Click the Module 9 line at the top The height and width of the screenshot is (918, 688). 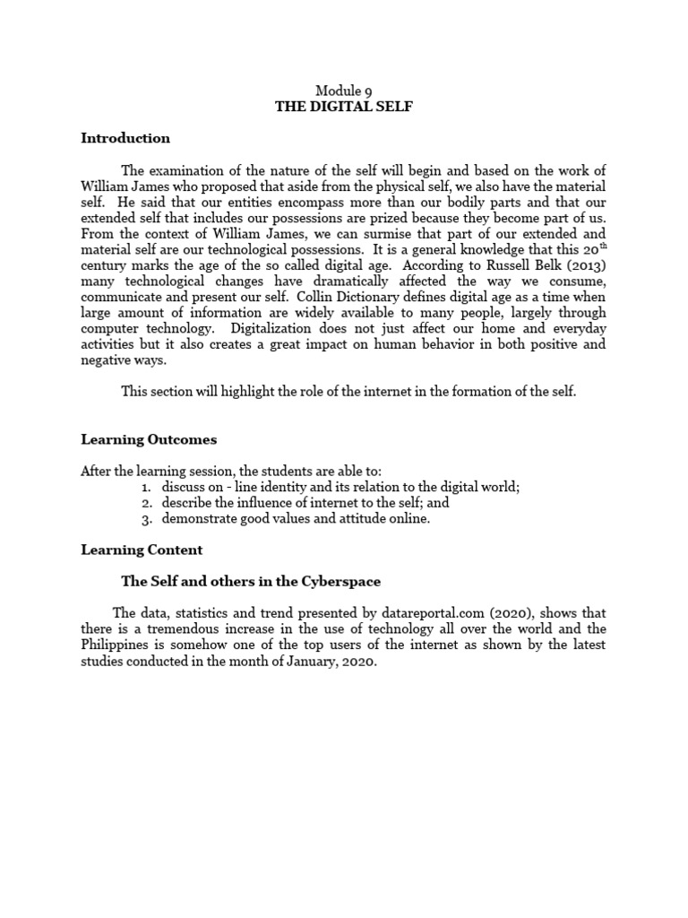click(x=343, y=91)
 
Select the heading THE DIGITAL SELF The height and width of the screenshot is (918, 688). click(x=343, y=108)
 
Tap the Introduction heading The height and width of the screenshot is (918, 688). click(x=125, y=138)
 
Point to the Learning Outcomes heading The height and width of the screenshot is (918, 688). click(x=149, y=439)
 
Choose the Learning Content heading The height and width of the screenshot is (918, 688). click(x=142, y=550)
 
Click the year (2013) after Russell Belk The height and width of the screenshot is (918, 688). click(x=586, y=266)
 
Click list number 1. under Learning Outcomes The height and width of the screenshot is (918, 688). click(x=146, y=487)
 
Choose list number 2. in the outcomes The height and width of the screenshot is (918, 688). click(x=146, y=503)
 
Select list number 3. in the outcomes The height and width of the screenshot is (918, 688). click(x=146, y=519)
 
